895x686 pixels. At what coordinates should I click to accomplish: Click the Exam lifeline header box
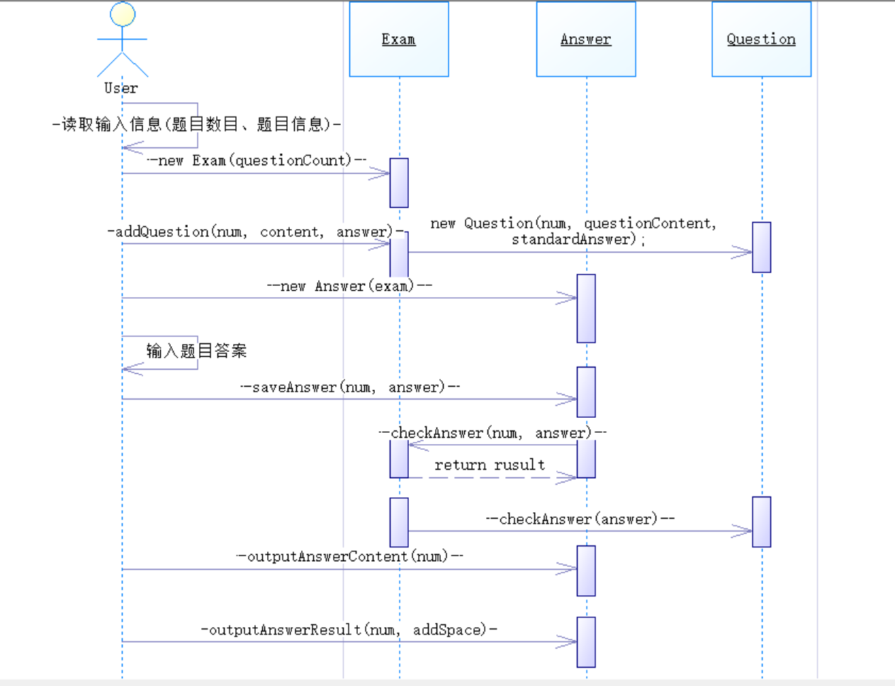[399, 39]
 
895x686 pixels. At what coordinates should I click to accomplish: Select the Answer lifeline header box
[586, 39]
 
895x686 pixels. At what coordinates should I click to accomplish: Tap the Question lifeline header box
[761, 39]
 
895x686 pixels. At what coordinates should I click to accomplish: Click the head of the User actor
[123, 15]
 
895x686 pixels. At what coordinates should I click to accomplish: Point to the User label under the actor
[121, 89]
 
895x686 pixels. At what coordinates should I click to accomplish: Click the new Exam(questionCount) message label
[257, 160]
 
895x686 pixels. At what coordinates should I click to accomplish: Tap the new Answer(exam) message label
[349, 286]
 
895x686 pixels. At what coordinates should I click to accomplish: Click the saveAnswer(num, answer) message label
[349, 387]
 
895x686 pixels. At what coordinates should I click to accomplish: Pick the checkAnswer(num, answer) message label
[492, 433]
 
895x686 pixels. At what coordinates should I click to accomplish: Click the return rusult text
[490, 465]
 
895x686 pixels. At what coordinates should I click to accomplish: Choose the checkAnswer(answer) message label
[580, 519]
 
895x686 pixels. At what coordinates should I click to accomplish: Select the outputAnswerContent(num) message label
[349, 556]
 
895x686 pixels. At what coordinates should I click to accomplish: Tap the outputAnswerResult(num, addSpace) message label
[349, 630]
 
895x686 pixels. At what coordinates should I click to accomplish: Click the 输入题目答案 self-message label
[196, 350]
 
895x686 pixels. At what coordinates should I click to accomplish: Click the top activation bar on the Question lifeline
[761, 247]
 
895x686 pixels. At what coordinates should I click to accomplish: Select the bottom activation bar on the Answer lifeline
[586, 642]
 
